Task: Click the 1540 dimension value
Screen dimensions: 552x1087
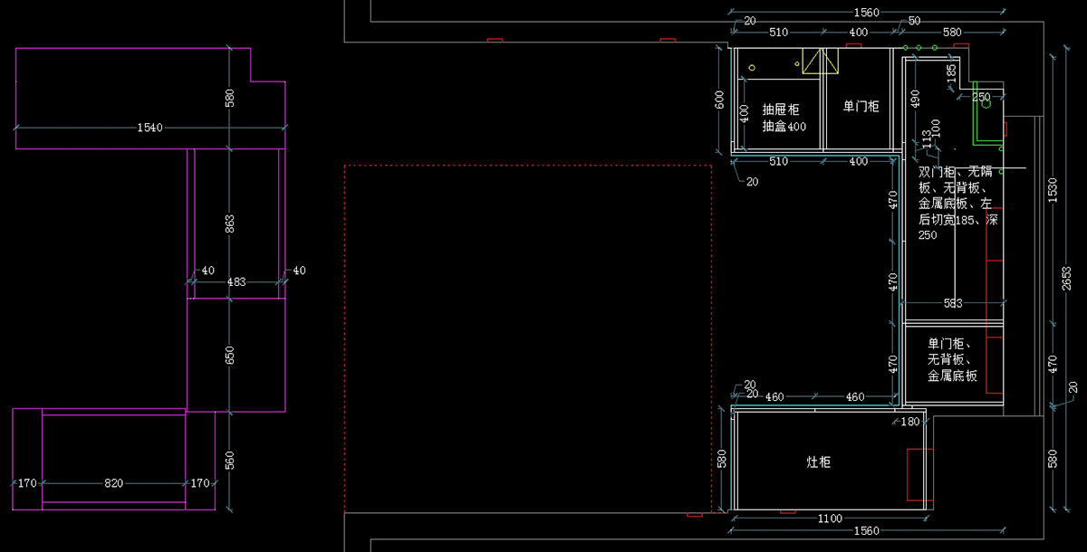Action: coord(149,128)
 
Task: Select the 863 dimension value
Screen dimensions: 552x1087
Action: coord(230,221)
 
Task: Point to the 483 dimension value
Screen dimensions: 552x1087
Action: coord(236,282)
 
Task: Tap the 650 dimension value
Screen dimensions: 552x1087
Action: coord(230,356)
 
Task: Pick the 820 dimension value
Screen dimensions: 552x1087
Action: coord(113,483)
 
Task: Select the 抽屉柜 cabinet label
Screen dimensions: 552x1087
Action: coord(780,109)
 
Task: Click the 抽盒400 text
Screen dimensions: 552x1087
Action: coord(784,127)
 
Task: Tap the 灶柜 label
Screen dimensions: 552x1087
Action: coord(818,462)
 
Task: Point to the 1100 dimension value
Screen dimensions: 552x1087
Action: coord(829,519)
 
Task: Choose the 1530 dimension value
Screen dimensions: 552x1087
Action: coord(1052,189)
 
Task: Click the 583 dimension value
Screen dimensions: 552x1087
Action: coord(953,303)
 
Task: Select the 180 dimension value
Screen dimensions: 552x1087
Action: coord(909,422)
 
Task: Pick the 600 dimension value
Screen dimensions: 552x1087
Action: coord(720,100)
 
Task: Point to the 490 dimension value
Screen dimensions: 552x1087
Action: coord(915,100)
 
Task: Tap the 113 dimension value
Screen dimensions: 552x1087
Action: coord(926,138)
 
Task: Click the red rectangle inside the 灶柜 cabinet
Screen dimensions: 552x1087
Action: coord(920,474)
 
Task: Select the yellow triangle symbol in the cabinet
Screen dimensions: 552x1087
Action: coord(820,61)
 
